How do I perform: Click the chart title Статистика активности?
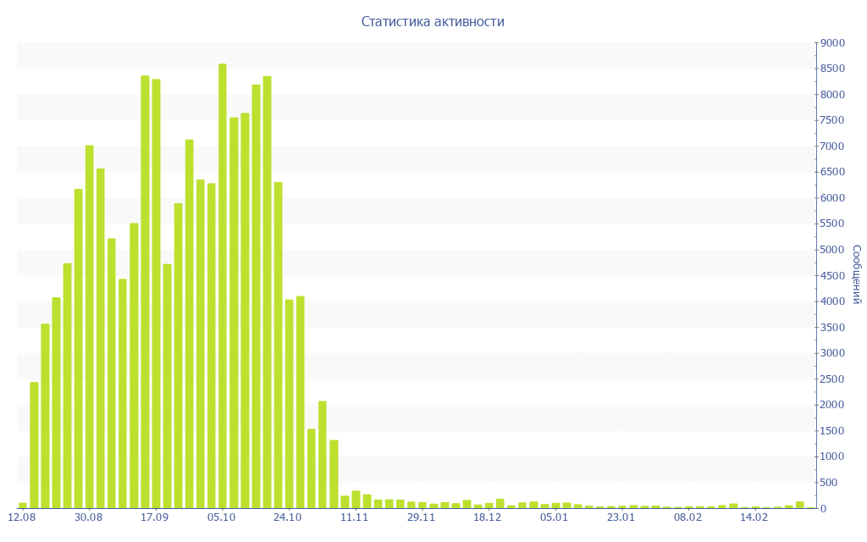pyautogui.click(x=433, y=21)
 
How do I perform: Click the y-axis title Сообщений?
pyautogui.click(x=857, y=274)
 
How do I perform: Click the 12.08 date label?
pyautogui.click(x=22, y=517)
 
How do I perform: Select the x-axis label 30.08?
pyautogui.click(x=89, y=517)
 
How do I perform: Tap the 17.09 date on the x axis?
pyautogui.click(x=155, y=517)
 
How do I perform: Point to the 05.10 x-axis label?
pyautogui.click(x=222, y=517)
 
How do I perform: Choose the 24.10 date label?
pyautogui.click(x=289, y=517)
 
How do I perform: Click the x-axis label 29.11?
pyautogui.click(x=421, y=517)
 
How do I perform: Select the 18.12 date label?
pyautogui.click(x=488, y=517)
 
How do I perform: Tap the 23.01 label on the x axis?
pyautogui.click(x=621, y=517)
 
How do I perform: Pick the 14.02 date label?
pyautogui.click(x=754, y=517)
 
